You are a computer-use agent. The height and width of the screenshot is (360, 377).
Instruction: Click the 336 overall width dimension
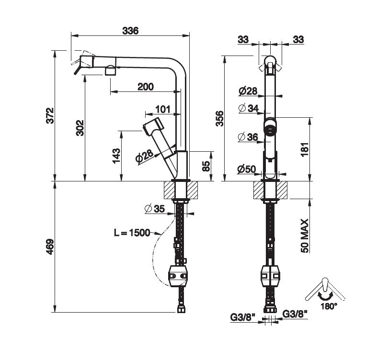tap(130, 31)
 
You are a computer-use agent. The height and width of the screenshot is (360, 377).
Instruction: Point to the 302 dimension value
tap(80, 127)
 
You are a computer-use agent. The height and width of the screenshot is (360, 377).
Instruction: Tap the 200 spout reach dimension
tap(145, 87)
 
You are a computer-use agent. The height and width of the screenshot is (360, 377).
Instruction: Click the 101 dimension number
tap(163, 109)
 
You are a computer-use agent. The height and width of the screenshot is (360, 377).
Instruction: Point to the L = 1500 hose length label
tap(132, 233)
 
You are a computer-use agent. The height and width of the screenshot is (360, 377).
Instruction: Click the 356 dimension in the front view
tap(219, 118)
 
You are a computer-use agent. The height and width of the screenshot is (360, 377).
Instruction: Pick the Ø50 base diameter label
tap(247, 169)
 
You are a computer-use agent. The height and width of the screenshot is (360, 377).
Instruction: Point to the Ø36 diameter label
tap(248, 137)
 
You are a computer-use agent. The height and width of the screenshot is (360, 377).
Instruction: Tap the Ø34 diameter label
tap(248, 109)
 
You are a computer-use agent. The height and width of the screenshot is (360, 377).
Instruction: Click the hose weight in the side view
tap(178, 276)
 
